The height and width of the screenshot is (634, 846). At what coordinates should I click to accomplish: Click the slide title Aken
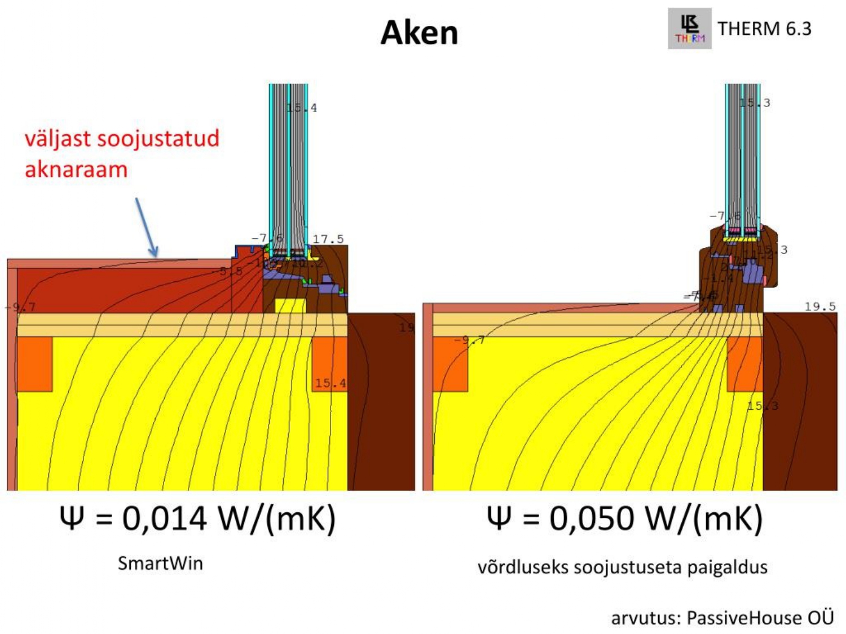[419, 33]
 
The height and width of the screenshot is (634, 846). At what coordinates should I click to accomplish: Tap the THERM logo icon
[689, 29]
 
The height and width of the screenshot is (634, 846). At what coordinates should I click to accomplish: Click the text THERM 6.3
[764, 28]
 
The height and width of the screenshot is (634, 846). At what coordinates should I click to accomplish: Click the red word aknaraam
[76, 169]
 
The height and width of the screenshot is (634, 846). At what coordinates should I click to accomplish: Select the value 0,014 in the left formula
[164, 518]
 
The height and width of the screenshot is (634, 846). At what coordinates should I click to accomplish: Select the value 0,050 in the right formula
[592, 518]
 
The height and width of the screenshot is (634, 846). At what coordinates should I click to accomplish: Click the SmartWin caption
[160, 563]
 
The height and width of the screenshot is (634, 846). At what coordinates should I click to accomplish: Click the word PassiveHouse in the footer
[744, 618]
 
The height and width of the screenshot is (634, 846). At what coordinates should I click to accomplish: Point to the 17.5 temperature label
[328, 239]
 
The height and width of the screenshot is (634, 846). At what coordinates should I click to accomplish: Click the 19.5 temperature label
[819, 307]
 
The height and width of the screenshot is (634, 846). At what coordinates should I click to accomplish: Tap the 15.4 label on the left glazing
[302, 108]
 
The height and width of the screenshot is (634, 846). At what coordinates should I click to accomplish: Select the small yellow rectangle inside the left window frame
[290, 305]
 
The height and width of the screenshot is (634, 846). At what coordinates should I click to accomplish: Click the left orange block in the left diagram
[35, 364]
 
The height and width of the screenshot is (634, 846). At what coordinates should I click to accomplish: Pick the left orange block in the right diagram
[451, 364]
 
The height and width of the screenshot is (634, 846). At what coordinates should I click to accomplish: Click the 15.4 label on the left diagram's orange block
[331, 383]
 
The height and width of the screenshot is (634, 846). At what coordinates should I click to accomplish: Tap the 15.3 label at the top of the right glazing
[755, 103]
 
